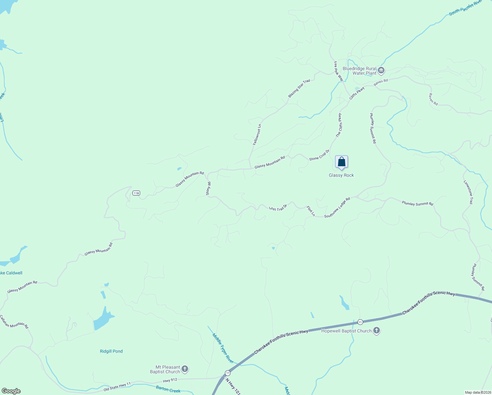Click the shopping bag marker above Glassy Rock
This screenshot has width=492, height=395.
341,162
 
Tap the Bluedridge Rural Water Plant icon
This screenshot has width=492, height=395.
381,70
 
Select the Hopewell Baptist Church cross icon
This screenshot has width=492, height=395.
377,330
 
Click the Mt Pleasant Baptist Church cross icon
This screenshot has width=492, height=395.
185,369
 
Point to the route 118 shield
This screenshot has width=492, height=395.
136,193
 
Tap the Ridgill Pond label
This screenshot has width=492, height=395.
111,351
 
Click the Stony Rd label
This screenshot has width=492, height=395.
208,189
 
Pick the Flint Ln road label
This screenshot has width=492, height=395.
311,211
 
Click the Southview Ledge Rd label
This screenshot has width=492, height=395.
337,208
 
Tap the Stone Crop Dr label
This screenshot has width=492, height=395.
319,155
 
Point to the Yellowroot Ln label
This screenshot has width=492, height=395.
257,135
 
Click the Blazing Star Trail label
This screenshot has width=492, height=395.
299,88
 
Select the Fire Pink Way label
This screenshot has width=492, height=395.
338,71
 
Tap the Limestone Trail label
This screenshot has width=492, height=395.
468,192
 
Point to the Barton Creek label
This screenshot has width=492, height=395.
168,390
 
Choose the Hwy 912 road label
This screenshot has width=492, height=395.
170,380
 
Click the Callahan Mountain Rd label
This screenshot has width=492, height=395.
14,322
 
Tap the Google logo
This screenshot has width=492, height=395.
11,391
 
